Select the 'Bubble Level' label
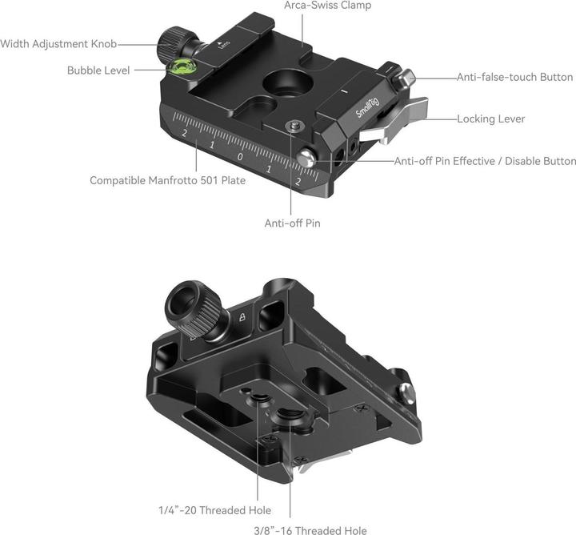click(99, 70)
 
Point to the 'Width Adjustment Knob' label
click(59, 43)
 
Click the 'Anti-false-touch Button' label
click(514, 78)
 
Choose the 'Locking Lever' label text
click(490, 119)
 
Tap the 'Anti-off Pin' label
click(292, 223)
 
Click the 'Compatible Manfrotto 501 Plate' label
click(167, 180)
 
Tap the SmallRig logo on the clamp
click(369, 105)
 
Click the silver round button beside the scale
click(306, 159)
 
